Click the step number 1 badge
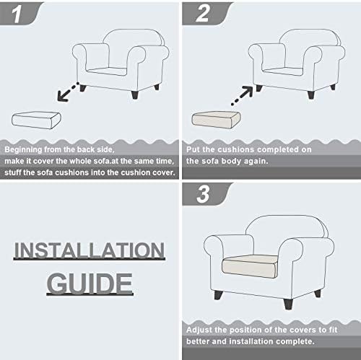click(20, 13)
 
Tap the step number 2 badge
click(206, 13)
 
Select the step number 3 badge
click(206, 194)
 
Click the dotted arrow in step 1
click(68, 92)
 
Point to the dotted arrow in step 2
click(242, 95)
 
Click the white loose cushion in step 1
click(36, 120)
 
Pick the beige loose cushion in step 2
click(216, 120)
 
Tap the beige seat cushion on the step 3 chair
click(250, 266)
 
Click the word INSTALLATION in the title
click(90, 250)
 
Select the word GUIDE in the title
click(90, 284)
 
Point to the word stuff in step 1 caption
click(13, 172)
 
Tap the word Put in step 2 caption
click(193, 149)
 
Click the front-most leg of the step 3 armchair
click(288, 304)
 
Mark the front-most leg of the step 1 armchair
click(135, 95)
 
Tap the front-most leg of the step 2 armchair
click(311, 95)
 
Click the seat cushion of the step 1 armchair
click(106, 71)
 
